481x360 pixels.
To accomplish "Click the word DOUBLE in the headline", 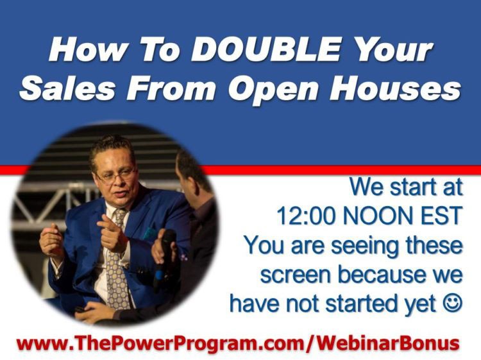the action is pos(266,49).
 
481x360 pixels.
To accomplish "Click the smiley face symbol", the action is pos(452,303).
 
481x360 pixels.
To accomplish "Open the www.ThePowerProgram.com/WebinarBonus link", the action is pos(238,343).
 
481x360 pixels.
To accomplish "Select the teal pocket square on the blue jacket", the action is pos(150,234).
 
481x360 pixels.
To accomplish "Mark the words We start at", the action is pos(406,187).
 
